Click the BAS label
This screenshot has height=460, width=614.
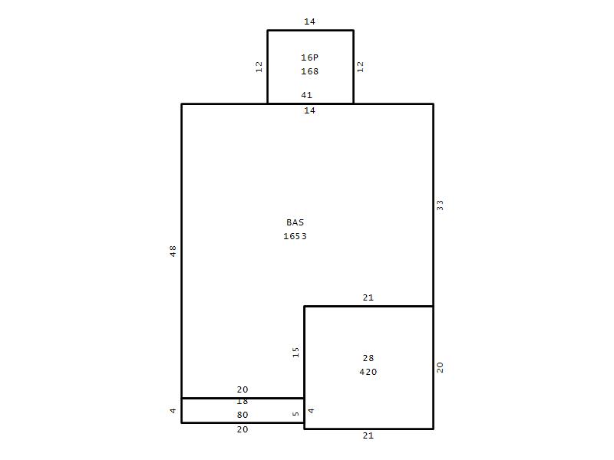(x=295, y=222)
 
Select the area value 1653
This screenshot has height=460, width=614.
(x=295, y=236)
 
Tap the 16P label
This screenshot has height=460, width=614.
(x=309, y=58)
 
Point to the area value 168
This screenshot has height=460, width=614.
(x=309, y=71)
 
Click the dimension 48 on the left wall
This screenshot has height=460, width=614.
(x=173, y=251)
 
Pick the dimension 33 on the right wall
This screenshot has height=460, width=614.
(x=440, y=205)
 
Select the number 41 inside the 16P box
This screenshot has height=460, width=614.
(x=306, y=95)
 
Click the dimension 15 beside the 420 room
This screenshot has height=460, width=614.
(x=295, y=352)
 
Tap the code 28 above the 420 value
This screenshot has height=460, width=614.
(x=368, y=358)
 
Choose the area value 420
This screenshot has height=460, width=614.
(x=368, y=372)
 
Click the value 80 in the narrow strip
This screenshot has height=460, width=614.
(x=243, y=415)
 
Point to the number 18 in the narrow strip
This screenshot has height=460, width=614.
(x=243, y=402)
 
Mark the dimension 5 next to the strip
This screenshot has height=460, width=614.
(x=295, y=413)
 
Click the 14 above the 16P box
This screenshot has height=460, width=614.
(x=309, y=21)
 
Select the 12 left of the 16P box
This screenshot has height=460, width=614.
(x=259, y=67)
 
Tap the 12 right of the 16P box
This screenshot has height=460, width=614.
(x=360, y=67)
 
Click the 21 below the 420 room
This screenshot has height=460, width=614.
(x=368, y=435)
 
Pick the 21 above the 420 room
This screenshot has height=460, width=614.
(x=368, y=297)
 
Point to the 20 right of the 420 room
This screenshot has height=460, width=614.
(x=440, y=367)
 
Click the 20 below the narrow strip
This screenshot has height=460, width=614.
(x=243, y=429)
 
